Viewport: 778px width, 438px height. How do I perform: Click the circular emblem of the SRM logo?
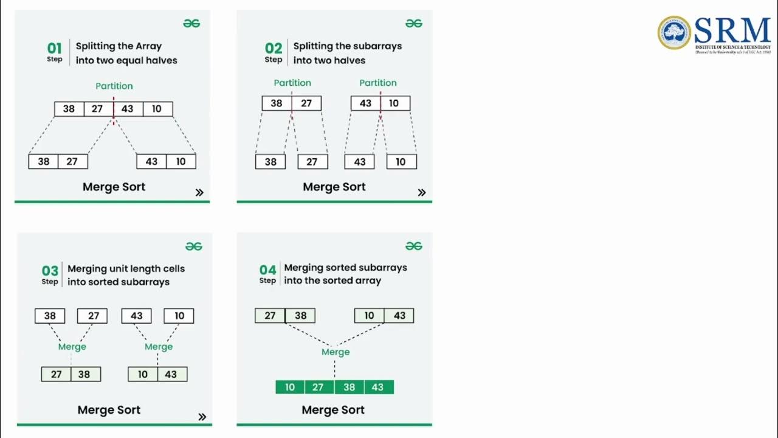pyautogui.click(x=674, y=33)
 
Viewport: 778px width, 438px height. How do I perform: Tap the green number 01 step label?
pyautogui.click(x=55, y=47)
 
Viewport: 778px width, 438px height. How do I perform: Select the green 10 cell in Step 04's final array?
pyautogui.click(x=290, y=387)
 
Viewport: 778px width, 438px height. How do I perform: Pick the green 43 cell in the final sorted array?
pyautogui.click(x=378, y=387)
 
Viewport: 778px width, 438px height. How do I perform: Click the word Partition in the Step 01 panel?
pyautogui.click(x=114, y=86)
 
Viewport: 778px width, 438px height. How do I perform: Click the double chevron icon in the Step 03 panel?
pyautogui.click(x=202, y=417)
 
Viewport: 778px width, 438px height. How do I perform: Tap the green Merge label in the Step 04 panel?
pyautogui.click(x=336, y=352)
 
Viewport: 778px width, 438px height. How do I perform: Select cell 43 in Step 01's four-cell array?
pyautogui.click(x=128, y=109)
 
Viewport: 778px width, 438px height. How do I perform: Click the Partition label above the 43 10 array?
pyautogui.click(x=378, y=83)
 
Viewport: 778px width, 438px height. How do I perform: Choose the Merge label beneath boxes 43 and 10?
pyautogui.click(x=159, y=347)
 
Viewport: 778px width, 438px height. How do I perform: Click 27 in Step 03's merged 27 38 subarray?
pyautogui.click(x=57, y=374)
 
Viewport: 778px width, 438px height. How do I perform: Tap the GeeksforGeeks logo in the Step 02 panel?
pyautogui.click(x=414, y=23)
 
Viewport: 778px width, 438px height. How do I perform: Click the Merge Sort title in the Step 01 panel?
pyautogui.click(x=114, y=187)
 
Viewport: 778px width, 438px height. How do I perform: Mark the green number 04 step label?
pyautogui.click(x=268, y=269)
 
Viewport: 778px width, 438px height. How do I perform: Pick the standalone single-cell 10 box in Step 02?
pyautogui.click(x=401, y=162)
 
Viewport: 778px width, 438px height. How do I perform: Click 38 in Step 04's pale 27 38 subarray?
pyautogui.click(x=300, y=316)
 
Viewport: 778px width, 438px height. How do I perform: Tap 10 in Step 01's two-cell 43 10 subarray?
pyautogui.click(x=181, y=161)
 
